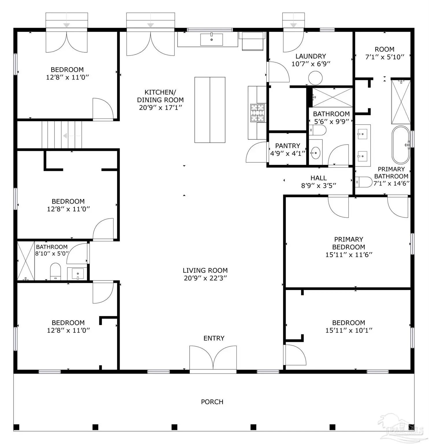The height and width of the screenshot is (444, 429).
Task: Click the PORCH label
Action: (212, 402)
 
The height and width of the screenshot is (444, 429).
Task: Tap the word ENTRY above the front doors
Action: (214, 338)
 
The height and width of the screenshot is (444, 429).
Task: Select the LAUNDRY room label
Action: (311, 56)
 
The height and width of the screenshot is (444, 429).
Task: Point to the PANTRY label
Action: (288, 146)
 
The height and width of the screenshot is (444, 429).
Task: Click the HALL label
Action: (319, 178)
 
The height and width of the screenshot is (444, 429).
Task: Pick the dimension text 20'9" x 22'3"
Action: (206, 278)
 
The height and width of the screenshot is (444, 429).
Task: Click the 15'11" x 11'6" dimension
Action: (349, 255)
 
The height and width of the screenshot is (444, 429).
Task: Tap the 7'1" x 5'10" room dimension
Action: (384, 57)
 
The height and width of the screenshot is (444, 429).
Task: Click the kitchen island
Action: (210, 110)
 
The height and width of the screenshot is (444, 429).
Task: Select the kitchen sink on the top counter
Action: (212, 40)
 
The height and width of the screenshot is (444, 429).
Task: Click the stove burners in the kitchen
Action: (257, 113)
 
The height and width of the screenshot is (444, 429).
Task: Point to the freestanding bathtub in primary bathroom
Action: (401, 145)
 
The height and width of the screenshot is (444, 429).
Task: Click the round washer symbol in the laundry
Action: (315, 78)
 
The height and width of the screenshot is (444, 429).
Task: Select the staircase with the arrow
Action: (62, 135)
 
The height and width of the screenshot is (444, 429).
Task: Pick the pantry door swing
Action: (256, 152)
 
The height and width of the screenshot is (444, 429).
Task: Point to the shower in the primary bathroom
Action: (401, 102)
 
